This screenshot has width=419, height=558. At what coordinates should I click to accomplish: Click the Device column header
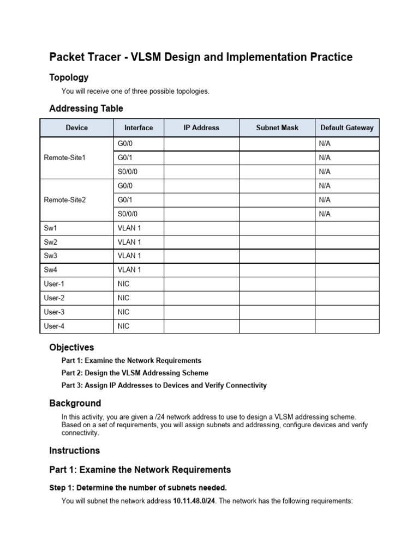point(76,128)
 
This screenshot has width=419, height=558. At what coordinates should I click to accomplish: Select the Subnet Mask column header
point(277,128)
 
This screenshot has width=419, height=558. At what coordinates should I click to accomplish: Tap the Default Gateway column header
point(347,128)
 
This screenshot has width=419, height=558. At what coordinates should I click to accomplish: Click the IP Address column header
point(201,128)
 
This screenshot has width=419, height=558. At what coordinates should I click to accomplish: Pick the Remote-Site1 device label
point(65,157)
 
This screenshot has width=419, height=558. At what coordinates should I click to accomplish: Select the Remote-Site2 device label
point(65,200)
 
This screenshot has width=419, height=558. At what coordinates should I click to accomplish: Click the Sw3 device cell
point(51,256)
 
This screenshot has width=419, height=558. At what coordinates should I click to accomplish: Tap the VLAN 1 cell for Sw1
point(129,228)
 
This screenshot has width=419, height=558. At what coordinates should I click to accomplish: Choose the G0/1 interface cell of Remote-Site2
point(125,200)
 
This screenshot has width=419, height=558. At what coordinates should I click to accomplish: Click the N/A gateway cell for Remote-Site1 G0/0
point(325,143)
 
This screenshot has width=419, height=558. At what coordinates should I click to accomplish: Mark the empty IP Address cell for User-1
point(201,284)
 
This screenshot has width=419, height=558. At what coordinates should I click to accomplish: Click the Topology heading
point(69,77)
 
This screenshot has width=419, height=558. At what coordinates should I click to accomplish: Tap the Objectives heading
point(71,347)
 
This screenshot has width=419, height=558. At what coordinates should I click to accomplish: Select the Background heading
point(75,403)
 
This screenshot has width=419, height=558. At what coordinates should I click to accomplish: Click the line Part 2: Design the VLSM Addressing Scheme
point(135,373)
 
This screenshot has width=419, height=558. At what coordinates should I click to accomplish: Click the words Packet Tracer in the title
point(82,57)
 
